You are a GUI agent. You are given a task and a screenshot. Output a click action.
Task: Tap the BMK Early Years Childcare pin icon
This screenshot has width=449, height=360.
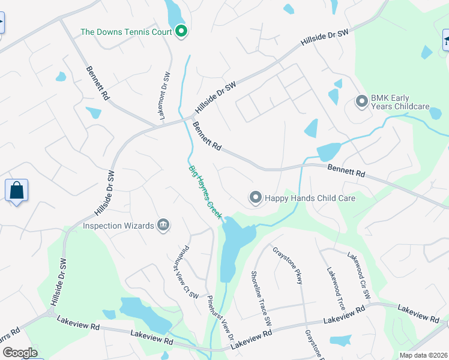coord(361,101)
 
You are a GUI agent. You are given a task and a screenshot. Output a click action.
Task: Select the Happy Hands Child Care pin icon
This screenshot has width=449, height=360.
coord(255,197)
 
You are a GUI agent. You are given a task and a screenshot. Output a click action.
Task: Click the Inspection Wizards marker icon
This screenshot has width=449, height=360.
coord(163,226)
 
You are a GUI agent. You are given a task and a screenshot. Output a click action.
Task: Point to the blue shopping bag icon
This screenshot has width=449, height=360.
coord(17,191)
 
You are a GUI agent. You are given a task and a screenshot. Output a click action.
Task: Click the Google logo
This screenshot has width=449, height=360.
coord(20,353)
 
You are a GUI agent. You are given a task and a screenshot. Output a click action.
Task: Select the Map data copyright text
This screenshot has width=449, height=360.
coord(423,355)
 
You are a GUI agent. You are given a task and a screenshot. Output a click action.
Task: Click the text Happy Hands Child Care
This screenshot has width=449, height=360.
coord(310,198)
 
